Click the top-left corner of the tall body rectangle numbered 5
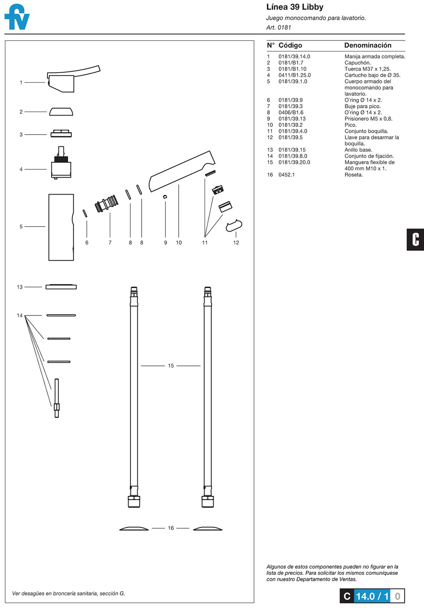[x=49, y=194]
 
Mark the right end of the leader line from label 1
[x=45, y=82]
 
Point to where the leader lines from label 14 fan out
[x=25, y=315]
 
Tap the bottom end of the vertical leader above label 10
[x=179, y=238]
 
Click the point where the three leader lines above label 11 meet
[x=205, y=238]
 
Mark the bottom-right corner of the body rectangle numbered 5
[x=73, y=260]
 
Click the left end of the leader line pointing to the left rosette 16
[x=152, y=528]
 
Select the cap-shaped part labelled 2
[x=61, y=111]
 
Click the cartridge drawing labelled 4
[x=61, y=163]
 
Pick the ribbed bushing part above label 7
[x=107, y=203]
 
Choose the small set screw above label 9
[x=165, y=197]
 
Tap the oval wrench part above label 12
[x=234, y=225]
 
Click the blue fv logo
[x=17, y=17]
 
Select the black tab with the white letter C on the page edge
[x=415, y=240]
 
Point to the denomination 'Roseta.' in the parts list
[x=354, y=175]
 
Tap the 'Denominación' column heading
[x=368, y=45]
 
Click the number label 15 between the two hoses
[x=171, y=366]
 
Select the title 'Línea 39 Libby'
[x=295, y=7]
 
